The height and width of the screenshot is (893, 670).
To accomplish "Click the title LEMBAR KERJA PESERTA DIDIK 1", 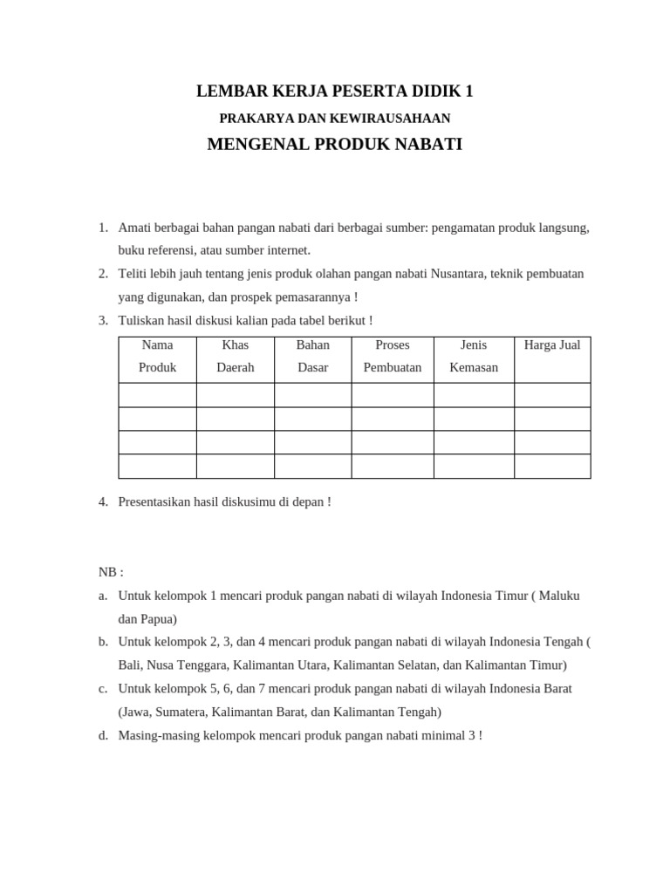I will [x=334, y=91].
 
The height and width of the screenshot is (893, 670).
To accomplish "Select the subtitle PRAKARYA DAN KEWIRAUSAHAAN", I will [x=334, y=118].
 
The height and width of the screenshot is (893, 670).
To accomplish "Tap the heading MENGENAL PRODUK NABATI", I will [x=334, y=144].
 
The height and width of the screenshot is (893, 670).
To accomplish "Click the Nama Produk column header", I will [x=157, y=357].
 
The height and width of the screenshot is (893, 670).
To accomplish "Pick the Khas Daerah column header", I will [x=235, y=357].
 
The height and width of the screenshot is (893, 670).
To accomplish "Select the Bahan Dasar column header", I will [x=312, y=357].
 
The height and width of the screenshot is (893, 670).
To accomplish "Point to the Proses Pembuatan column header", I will [x=392, y=357].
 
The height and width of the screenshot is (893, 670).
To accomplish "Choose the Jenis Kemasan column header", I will [x=474, y=357].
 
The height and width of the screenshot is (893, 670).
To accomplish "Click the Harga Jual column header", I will [x=551, y=345].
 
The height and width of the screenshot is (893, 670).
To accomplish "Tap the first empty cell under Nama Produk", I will [x=157, y=395].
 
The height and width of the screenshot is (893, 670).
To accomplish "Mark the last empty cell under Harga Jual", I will [x=551, y=466].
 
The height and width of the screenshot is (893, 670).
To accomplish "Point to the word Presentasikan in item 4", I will [x=157, y=501].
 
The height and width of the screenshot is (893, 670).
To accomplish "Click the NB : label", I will [x=111, y=572].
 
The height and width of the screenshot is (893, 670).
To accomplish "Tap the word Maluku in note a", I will [x=558, y=596].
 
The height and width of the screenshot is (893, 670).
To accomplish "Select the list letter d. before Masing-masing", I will [x=103, y=735].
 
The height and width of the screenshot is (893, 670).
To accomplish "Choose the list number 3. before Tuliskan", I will [x=103, y=321].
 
